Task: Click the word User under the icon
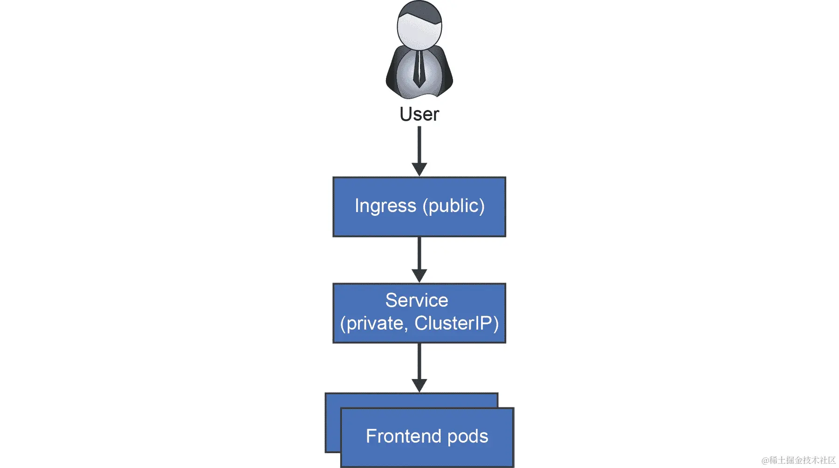(x=419, y=114)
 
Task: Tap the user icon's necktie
(x=419, y=70)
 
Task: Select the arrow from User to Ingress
(x=419, y=145)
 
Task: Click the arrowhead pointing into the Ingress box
(x=419, y=169)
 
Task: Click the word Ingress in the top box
(x=385, y=206)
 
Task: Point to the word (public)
(x=454, y=206)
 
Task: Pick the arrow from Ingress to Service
(x=419, y=252)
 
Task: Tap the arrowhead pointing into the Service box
(x=419, y=275)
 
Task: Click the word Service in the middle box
(x=417, y=301)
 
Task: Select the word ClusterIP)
(x=456, y=323)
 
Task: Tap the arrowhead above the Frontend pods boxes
(x=419, y=385)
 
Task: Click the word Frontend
(x=403, y=436)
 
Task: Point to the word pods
(x=468, y=436)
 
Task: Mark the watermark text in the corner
(x=798, y=461)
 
